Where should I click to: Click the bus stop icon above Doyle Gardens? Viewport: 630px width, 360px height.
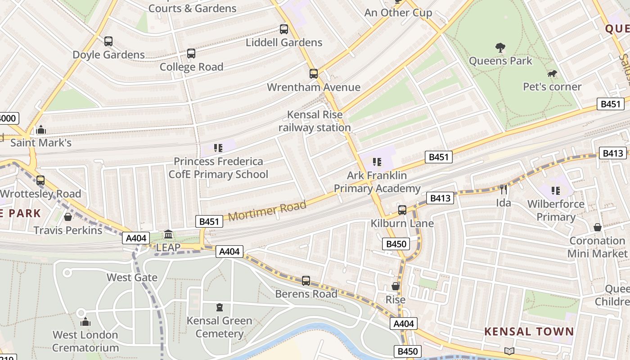point(108,41)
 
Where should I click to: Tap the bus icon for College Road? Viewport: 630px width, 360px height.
point(191,54)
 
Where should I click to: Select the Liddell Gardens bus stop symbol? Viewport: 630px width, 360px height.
point(284,29)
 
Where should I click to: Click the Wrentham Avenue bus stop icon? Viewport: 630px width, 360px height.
point(314,74)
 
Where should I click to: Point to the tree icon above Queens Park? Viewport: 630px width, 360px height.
point(500,48)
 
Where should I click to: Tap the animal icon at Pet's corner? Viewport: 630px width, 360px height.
point(552,73)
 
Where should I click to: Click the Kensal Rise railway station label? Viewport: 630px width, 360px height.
point(315,121)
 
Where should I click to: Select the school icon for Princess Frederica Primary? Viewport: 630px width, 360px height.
point(218,148)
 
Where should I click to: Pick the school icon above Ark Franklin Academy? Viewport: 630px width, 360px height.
point(377,162)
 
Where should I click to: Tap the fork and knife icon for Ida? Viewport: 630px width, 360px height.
point(504,189)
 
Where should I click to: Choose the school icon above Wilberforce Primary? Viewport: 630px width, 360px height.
point(556,191)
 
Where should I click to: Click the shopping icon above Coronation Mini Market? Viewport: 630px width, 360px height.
point(597,227)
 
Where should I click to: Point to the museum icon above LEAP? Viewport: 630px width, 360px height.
point(168,234)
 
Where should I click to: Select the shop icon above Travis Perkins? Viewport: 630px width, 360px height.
point(68,217)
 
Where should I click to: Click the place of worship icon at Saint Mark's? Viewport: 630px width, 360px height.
point(41,130)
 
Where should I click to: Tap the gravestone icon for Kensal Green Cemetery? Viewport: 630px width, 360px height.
point(220,307)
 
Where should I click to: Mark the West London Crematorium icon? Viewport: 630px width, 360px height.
point(85,322)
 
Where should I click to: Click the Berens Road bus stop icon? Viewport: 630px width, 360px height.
point(306,281)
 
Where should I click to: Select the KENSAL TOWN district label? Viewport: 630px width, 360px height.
point(529,332)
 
